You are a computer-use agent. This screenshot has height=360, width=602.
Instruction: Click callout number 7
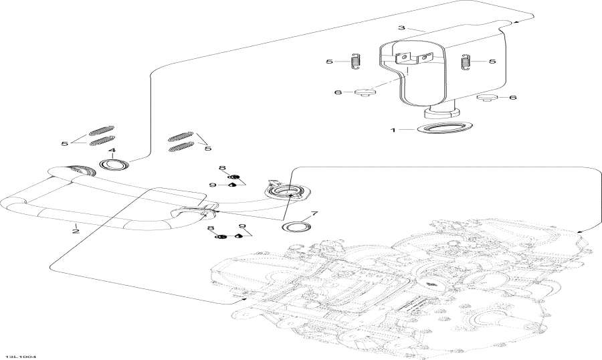tap(315, 215)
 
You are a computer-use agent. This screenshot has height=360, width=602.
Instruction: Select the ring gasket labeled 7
tap(296, 228)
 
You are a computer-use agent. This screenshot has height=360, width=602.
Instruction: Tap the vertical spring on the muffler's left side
tap(356, 61)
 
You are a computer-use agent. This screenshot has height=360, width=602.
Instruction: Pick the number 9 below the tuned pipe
tap(241, 226)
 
